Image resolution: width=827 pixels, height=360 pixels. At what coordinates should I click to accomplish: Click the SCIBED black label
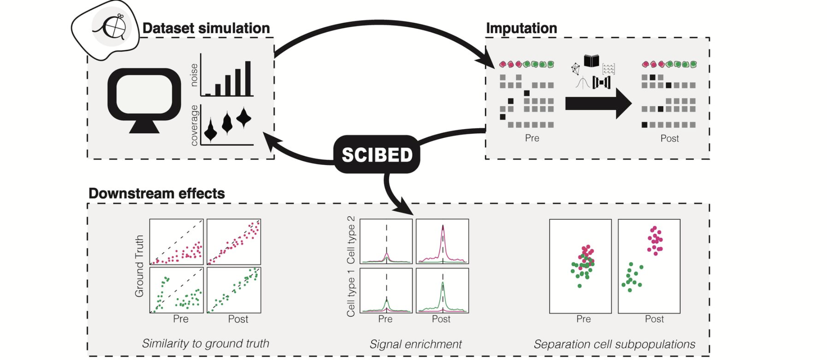click(377, 155)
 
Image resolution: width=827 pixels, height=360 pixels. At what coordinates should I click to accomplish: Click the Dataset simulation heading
click(206, 28)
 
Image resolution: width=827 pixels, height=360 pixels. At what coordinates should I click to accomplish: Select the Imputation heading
click(521, 28)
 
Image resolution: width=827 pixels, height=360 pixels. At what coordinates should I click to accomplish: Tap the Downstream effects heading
click(157, 193)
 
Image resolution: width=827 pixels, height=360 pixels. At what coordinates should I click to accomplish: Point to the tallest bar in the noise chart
click(248, 79)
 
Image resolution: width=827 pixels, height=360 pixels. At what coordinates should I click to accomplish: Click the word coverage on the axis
click(194, 125)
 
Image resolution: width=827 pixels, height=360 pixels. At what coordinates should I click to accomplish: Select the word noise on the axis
click(194, 75)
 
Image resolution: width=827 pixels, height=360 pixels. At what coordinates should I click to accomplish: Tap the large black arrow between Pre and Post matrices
click(597, 103)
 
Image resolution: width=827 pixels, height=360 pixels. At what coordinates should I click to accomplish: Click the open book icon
click(591, 61)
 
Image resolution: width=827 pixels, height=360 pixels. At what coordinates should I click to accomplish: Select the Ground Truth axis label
click(140, 266)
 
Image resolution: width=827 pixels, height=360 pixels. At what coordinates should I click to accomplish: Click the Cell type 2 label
click(351, 240)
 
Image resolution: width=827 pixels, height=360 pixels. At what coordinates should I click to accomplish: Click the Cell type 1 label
click(351, 292)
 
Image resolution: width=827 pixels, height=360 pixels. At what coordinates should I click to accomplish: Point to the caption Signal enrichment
click(416, 344)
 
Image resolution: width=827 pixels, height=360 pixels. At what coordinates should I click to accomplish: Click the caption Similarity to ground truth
click(205, 343)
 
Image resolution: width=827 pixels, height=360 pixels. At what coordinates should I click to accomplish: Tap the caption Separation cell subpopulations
click(614, 344)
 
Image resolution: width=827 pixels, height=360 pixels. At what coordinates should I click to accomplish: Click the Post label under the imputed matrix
click(670, 138)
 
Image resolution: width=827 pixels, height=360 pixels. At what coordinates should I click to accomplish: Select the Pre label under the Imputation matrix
click(532, 138)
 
